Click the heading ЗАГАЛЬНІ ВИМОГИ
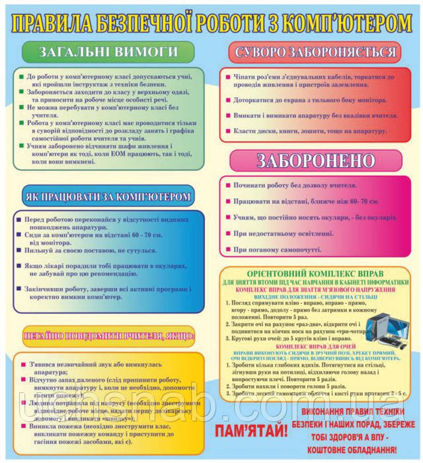coord(108,51)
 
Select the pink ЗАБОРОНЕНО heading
coord(315,160)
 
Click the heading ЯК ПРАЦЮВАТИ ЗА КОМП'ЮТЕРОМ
coord(108,196)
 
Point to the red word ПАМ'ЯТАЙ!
coord(251,432)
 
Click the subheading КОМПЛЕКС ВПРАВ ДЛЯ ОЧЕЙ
coord(316,347)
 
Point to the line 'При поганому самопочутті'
coord(277,250)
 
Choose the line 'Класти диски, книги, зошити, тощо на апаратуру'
coord(305,131)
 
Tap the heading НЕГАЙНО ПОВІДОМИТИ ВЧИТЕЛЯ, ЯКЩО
coord(108,336)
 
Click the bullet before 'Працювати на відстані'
coord(227,201)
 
